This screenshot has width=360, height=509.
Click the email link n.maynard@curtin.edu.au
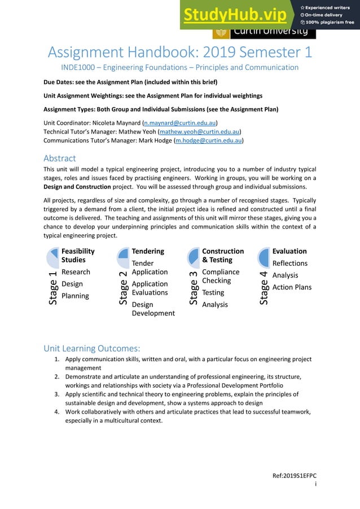[180, 122]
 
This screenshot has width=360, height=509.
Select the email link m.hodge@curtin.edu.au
[209, 141]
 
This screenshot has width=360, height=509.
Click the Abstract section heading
[59, 158]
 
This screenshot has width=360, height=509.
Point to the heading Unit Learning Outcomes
[91, 348]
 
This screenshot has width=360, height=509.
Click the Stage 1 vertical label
[52, 288]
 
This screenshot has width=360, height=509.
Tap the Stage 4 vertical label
[264, 288]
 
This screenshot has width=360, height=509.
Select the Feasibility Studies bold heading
[78, 255]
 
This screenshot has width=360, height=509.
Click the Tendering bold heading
[148, 251]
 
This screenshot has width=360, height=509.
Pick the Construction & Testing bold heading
[223, 255]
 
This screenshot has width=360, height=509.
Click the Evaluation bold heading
[289, 251]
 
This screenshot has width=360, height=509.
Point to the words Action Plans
[292, 287]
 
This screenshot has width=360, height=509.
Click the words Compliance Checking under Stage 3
[221, 276]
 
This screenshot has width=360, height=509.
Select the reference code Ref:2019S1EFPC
[295, 476]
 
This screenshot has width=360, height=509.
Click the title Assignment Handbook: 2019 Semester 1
[179, 52]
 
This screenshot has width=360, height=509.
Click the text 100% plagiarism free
[330, 22]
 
